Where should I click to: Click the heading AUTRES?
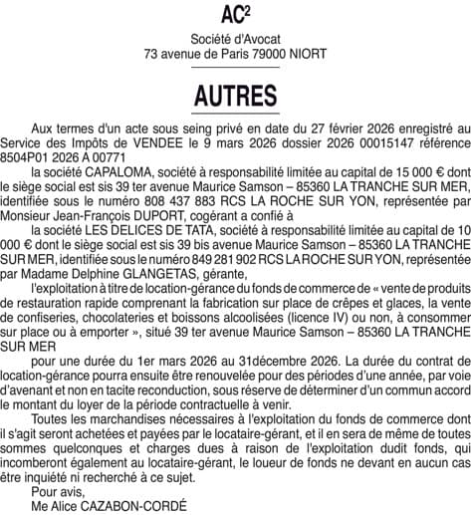(235, 96)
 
